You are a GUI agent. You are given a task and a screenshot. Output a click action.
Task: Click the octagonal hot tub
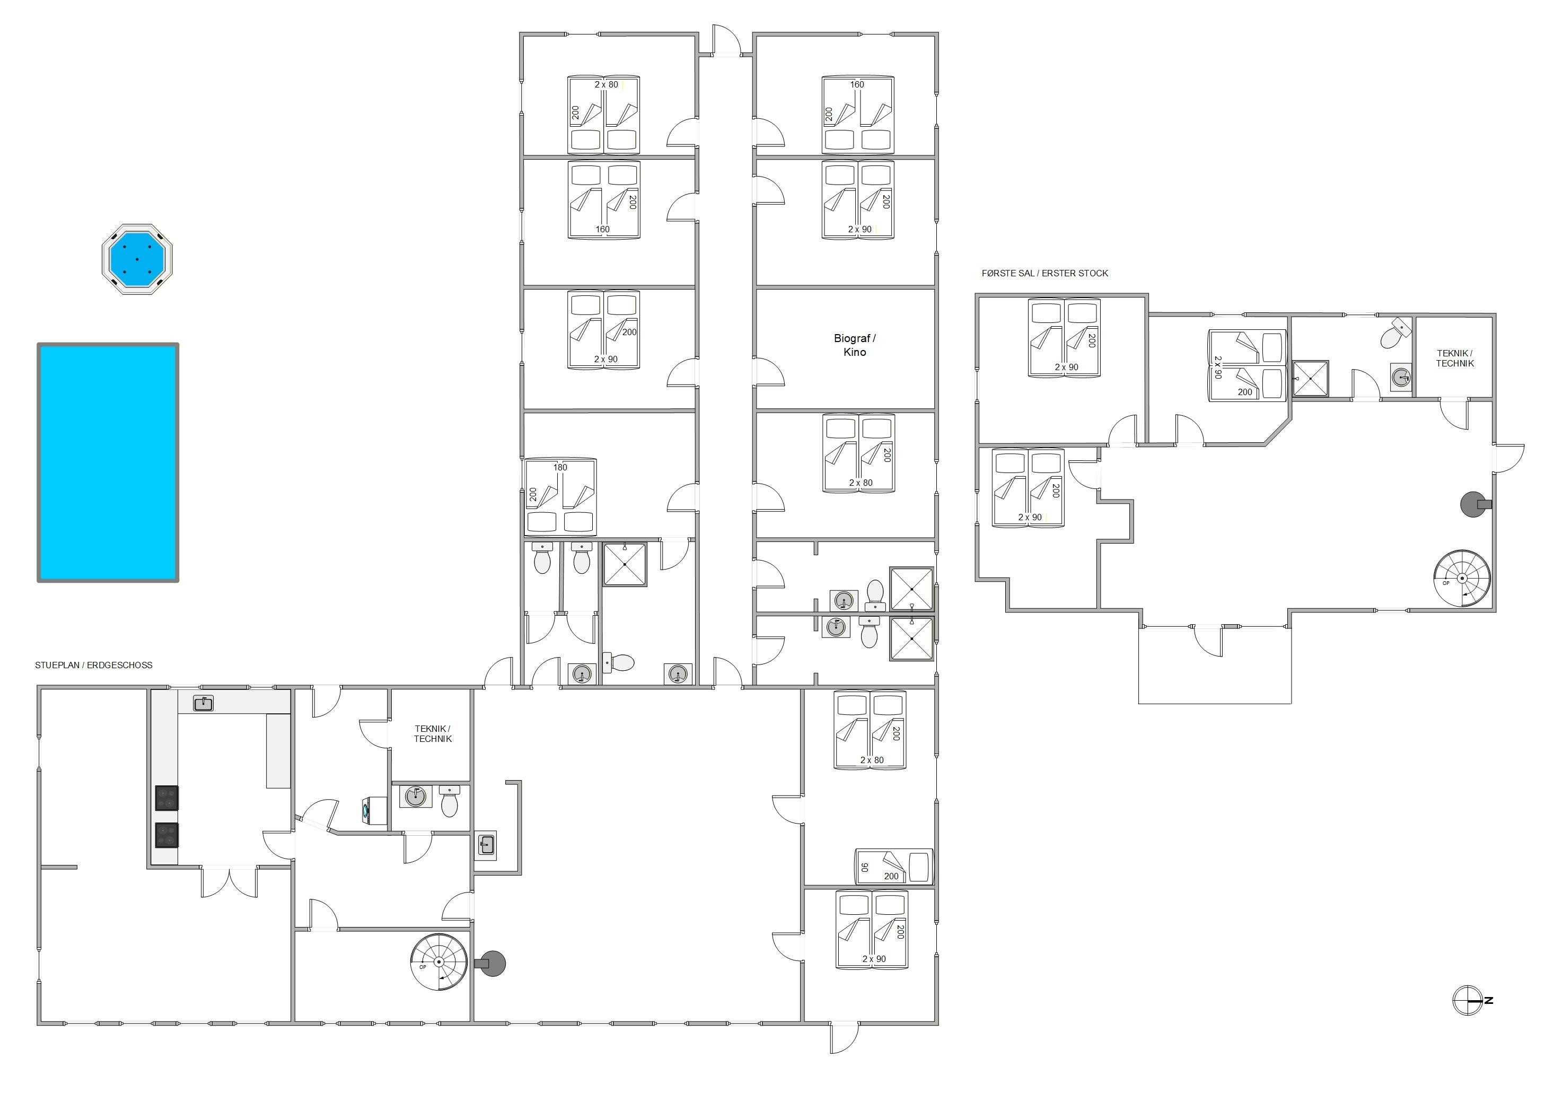pos(137,259)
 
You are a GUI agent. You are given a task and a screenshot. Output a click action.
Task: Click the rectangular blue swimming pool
pos(108,462)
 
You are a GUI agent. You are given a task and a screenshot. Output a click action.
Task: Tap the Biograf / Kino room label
pos(855,345)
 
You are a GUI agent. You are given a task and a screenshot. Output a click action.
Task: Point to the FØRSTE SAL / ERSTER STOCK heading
pos(1044,273)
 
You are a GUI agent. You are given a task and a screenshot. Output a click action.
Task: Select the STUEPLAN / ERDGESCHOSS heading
pos(94,665)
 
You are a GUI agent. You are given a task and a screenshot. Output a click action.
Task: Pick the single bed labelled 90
pos(894,867)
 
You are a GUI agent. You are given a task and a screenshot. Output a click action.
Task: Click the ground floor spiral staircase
pos(439,962)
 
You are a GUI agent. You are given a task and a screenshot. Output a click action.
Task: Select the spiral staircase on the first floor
pos(1462,578)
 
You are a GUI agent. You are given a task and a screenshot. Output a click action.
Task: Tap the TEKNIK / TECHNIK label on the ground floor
pos(433,733)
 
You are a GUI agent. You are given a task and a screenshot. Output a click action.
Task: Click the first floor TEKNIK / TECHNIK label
pos(1455,358)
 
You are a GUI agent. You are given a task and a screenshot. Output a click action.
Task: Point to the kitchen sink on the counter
pos(204,703)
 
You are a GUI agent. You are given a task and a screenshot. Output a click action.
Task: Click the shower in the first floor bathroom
pos(1311,378)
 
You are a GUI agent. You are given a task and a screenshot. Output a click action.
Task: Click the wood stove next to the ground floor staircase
pos(491,963)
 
